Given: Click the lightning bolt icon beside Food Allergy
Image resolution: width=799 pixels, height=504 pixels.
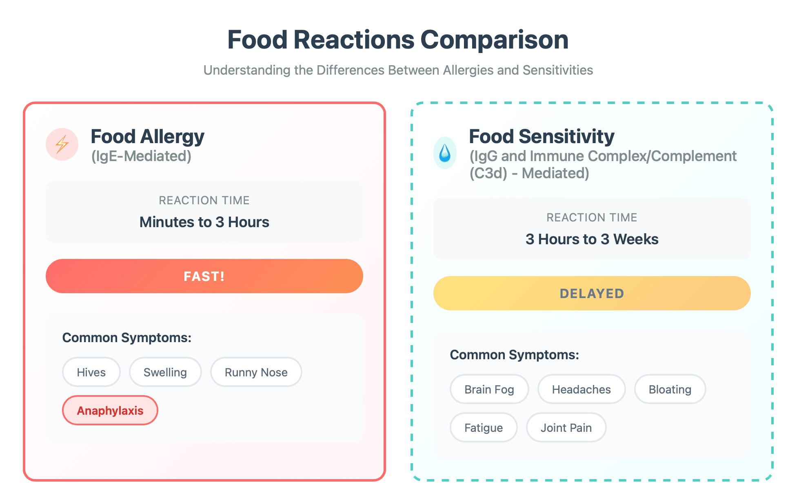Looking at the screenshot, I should [x=62, y=144].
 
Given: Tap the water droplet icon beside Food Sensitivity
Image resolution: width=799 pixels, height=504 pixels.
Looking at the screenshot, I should [x=445, y=153].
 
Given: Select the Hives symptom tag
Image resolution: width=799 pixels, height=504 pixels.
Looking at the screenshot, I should [x=91, y=372].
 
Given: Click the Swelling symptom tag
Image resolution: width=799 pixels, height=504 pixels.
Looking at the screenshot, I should [x=165, y=372].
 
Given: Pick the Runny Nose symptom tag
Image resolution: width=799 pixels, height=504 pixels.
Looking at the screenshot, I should [x=256, y=372].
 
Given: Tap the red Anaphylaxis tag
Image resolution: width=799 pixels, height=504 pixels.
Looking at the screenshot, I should [x=110, y=411].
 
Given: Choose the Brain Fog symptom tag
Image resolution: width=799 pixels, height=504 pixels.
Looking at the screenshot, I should [x=489, y=389].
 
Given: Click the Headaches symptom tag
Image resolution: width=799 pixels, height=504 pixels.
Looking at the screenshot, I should [x=581, y=389].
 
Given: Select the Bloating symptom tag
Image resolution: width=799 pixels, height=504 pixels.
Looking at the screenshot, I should [x=670, y=389].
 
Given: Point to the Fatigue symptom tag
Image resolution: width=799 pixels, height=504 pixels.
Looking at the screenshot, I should [x=484, y=428].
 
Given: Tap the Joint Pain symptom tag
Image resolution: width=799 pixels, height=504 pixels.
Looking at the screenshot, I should [x=566, y=428].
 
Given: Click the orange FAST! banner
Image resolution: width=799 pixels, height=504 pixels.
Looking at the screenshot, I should [x=204, y=276].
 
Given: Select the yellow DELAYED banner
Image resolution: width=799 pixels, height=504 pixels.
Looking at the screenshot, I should [x=592, y=293].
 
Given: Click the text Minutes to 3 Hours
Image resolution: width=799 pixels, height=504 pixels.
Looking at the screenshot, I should [x=204, y=222].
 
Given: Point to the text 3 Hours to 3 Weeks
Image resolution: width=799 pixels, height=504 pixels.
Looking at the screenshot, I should [x=592, y=239].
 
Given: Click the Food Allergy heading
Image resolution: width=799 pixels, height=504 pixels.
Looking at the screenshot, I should [x=147, y=137].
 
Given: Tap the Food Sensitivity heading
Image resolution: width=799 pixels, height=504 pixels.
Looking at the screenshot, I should [x=542, y=137].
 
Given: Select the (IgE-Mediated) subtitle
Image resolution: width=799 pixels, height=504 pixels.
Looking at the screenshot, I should [x=141, y=156].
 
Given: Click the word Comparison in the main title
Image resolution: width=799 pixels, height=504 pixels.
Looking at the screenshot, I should [x=494, y=40].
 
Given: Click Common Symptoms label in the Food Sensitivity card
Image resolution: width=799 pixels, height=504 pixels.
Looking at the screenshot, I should [x=514, y=355].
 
